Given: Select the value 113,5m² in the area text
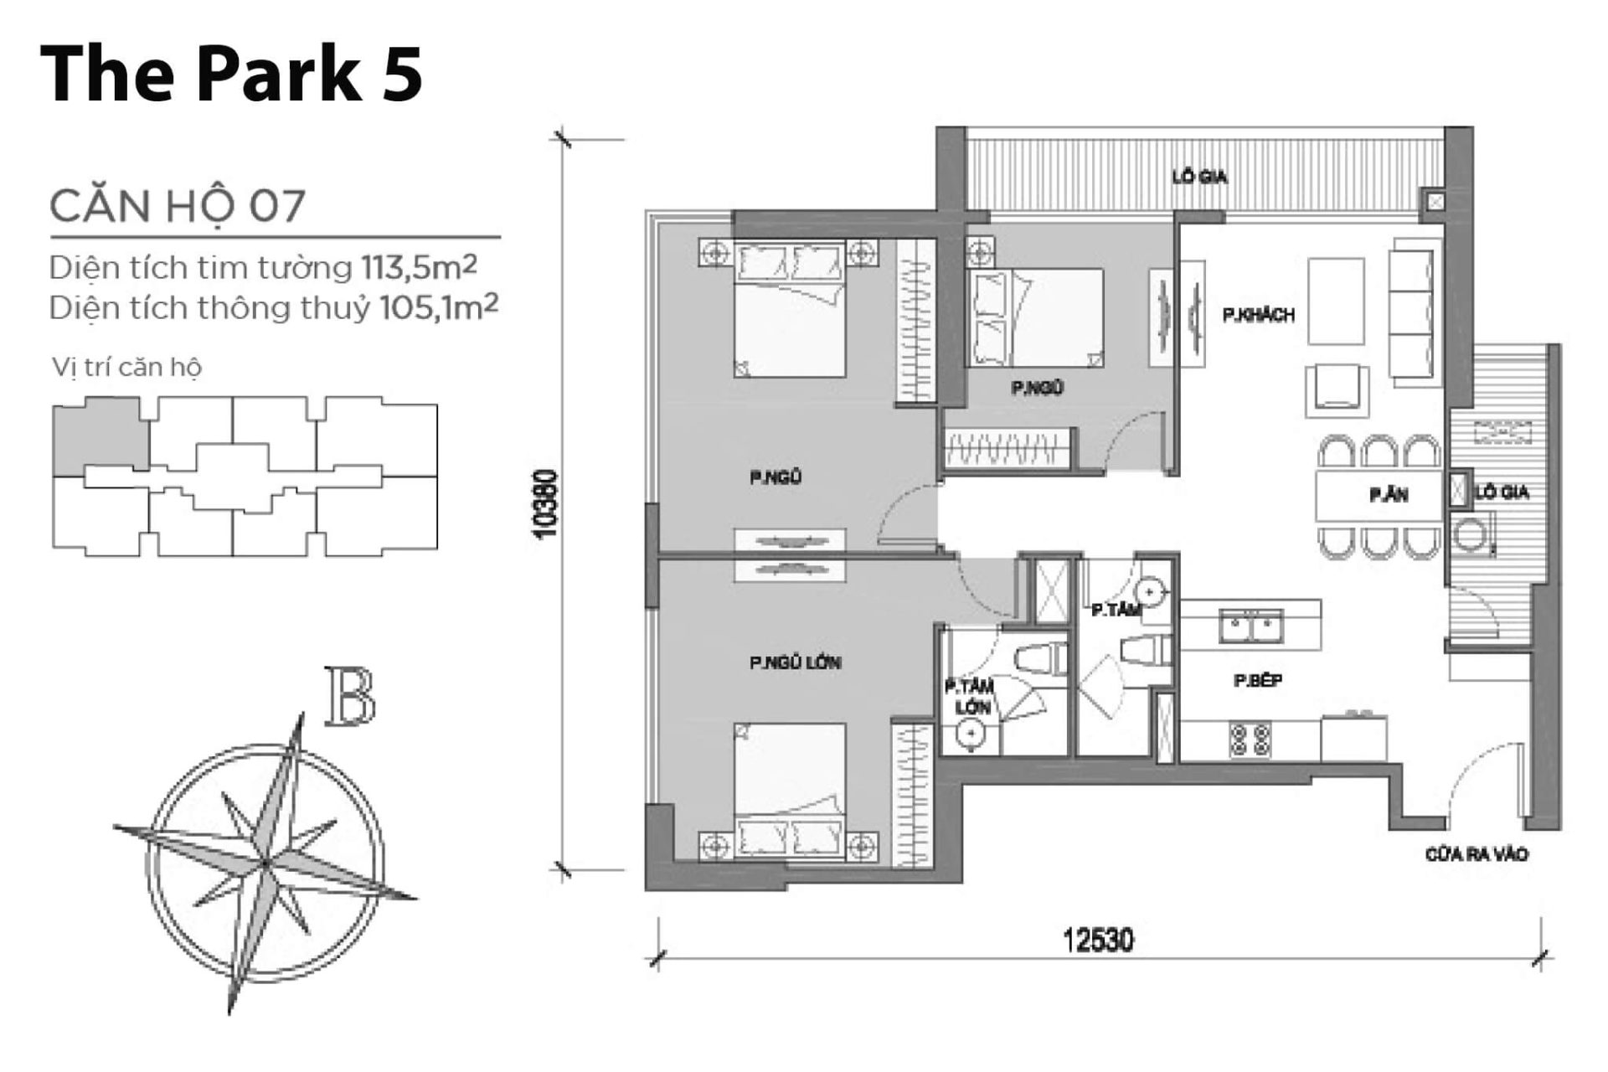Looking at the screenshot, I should point(419,268).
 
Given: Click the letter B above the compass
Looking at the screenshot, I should point(350,697).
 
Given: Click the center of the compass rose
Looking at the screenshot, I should point(265,863).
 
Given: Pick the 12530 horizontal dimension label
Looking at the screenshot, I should point(1098,940).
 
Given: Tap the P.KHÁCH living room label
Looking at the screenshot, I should point(1258,316).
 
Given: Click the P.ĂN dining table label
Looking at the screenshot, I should point(1389,496).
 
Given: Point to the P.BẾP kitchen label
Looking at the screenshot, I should point(1258,681).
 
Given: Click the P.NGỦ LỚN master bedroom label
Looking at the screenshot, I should point(795,663).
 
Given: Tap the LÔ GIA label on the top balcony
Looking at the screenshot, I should point(1199,177).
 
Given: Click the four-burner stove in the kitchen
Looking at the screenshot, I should point(1250,740).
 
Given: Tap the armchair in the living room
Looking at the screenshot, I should point(1337,389).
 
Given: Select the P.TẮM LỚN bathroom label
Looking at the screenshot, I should point(970,697).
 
